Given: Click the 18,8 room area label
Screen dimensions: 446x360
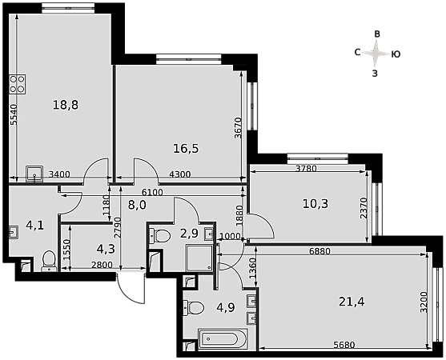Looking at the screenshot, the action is (x=66, y=105).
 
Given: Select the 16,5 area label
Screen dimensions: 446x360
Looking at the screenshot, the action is (x=186, y=148).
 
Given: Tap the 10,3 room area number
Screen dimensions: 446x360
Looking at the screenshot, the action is (x=315, y=204).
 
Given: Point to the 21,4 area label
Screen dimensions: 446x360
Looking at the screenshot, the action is (x=352, y=302).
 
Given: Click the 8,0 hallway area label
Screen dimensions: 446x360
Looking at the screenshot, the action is (x=137, y=205).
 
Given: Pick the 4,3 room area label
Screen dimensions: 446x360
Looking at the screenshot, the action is (x=106, y=249).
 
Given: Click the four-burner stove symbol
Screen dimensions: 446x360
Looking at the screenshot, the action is (x=18, y=84).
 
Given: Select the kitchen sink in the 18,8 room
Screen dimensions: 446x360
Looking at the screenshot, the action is (x=34, y=174).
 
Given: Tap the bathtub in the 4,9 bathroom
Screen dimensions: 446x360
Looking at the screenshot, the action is (x=223, y=339).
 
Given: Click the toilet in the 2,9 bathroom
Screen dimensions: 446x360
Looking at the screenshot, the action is (x=160, y=236).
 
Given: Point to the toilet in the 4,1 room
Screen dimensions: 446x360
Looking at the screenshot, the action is (x=49, y=261).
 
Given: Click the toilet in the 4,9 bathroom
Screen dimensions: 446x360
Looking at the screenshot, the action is (x=194, y=308).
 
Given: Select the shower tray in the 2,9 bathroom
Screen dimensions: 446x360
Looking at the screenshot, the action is (x=199, y=258).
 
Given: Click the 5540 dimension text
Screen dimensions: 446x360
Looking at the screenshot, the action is (x=14, y=114).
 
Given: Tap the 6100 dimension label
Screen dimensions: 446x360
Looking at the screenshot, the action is (x=152, y=193).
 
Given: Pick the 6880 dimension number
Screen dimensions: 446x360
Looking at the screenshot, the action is (x=319, y=251).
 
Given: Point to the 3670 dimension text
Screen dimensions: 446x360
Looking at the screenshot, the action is (x=238, y=128).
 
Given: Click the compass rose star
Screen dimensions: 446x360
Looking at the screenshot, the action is (x=376, y=53).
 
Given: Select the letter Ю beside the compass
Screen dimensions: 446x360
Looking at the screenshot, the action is (x=396, y=54).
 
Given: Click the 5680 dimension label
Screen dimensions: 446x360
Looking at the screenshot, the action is (x=344, y=345).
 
